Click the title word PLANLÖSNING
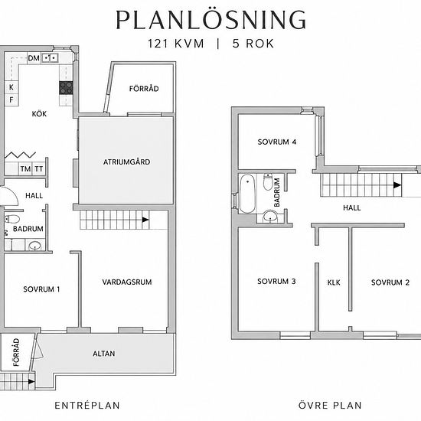210,20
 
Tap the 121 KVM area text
176,44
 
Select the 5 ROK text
253,44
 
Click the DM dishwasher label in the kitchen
34,58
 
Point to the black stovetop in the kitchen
66,88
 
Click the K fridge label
11,87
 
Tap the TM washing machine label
25,169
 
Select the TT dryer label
39,169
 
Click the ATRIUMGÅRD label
127,162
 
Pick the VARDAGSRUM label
127,282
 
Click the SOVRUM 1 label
41,289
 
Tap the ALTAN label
104,354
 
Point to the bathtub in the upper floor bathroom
247,194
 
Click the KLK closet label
334,282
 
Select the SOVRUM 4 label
277,142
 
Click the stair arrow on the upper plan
397,185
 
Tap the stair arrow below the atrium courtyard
145,220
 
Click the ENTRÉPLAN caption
87,406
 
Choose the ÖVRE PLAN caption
330,405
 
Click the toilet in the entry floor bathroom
11,219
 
